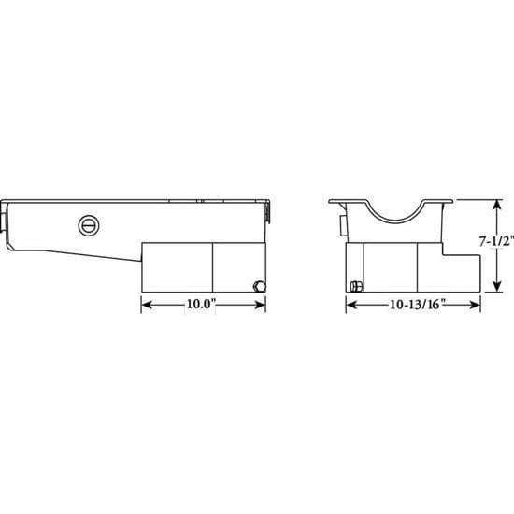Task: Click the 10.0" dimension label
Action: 203,305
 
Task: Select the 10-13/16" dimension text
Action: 413,305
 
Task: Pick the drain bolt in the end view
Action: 355,285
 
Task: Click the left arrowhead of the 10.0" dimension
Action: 145,305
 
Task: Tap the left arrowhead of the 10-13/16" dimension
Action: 350,305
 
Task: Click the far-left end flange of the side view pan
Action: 7,224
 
